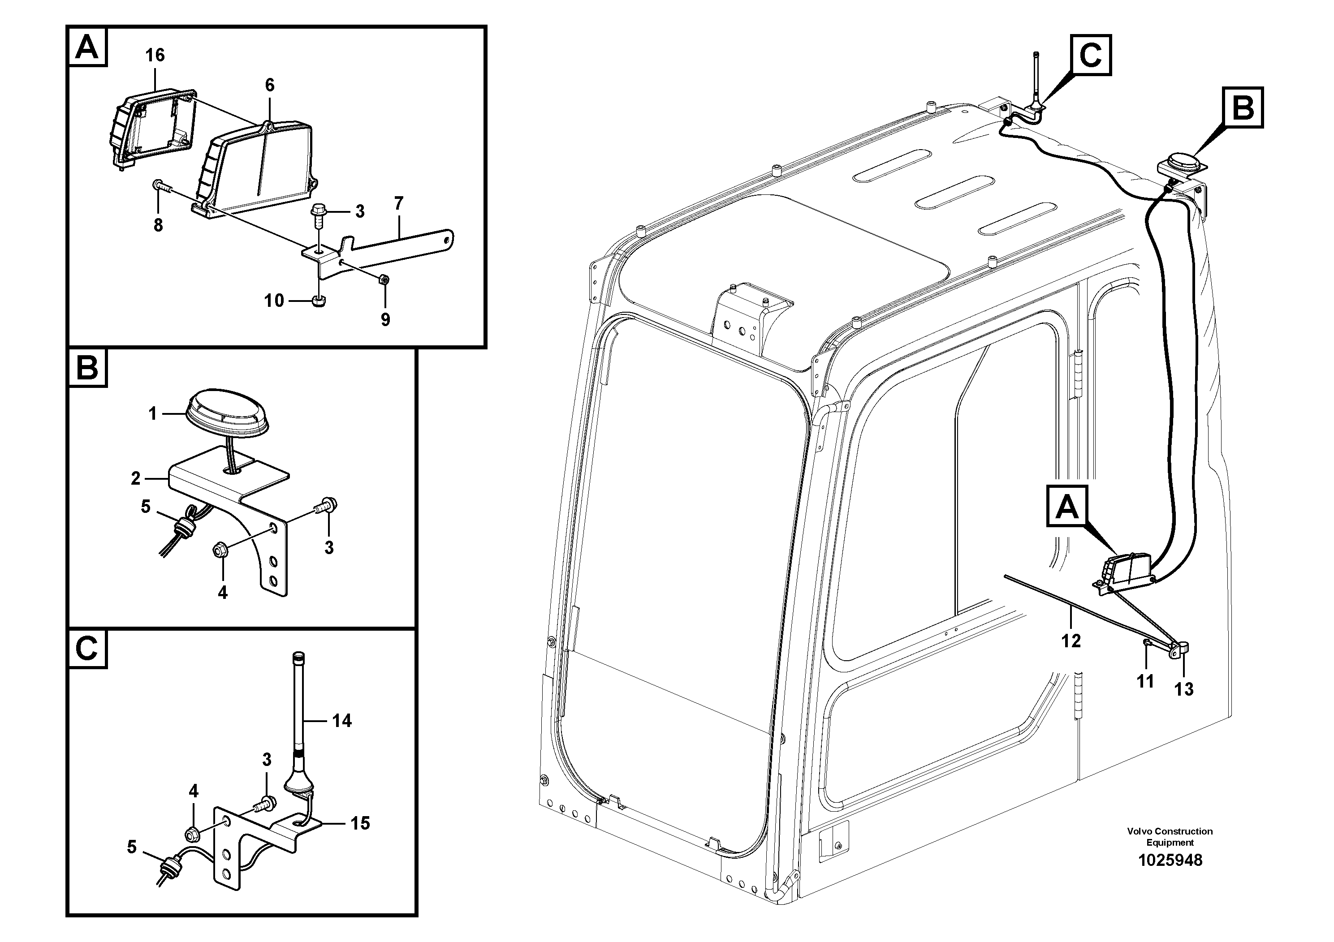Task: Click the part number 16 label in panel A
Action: (x=155, y=55)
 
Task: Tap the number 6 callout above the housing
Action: (x=270, y=86)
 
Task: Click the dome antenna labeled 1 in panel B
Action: (x=227, y=411)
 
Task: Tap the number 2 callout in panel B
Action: (x=135, y=478)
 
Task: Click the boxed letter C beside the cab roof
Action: (x=1091, y=55)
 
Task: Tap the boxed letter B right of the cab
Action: (x=1243, y=108)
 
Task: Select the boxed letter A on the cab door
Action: (x=1067, y=508)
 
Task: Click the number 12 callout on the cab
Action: (x=1071, y=641)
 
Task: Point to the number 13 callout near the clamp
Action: (x=1183, y=689)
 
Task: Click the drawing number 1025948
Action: (x=1170, y=860)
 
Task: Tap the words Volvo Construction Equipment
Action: (x=1170, y=836)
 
